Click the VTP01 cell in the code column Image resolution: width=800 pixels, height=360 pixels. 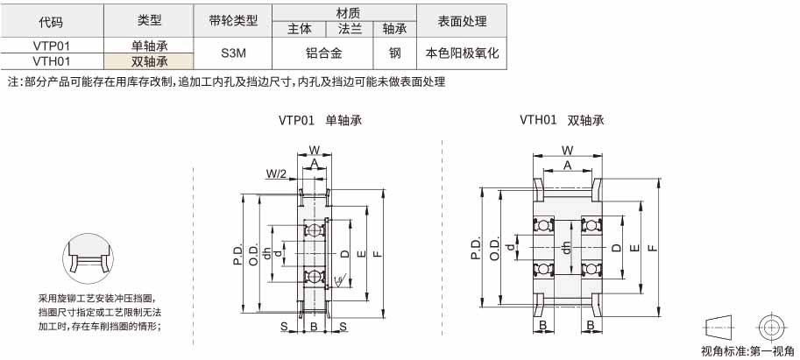pyautogui.click(x=52, y=46)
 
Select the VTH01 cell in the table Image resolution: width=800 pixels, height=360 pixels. pyautogui.click(x=52, y=61)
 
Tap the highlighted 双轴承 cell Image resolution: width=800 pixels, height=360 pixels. pyautogui.click(x=150, y=61)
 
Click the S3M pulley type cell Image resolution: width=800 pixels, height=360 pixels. pyautogui.click(x=233, y=53)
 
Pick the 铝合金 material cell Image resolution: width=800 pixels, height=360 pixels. pyautogui.click(x=323, y=53)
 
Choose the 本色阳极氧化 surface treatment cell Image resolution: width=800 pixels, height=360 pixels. pyautogui.click(x=462, y=53)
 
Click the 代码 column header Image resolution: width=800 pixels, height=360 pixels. pyautogui.click(x=52, y=21)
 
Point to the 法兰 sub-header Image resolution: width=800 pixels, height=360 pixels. pyautogui.click(x=350, y=29)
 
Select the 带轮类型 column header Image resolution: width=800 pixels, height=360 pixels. pyautogui.click(x=233, y=21)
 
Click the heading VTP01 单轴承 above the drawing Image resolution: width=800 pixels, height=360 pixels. pyautogui.click(x=320, y=120)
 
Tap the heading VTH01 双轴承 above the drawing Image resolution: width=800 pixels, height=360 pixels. pyautogui.click(x=562, y=120)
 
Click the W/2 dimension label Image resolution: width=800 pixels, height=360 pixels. pyautogui.click(x=275, y=174)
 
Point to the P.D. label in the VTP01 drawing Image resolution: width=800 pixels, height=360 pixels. pyautogui.click(x=237, y=253)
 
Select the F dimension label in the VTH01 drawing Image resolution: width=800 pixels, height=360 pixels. pyautogui.click(x=652, y=248)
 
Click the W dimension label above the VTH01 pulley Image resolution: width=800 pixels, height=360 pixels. pyautogui.click(x=567, y=150)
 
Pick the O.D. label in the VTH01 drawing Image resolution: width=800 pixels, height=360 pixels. pyautogui.click(x=494, y=249)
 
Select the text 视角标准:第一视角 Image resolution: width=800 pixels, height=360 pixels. pyautogui.click(x=747, y=351)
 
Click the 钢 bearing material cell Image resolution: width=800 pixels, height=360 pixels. pyautogui.click(x=395, y=53)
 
